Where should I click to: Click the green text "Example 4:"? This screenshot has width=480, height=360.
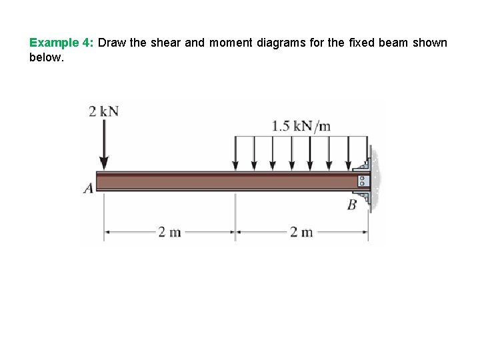pyautogui.click(x=61, y=43)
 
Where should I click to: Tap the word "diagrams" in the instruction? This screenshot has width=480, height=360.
pyautogui.click(x=281, y=43)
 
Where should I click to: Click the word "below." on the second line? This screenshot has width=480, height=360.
pyautogui.click(x=47, y=57)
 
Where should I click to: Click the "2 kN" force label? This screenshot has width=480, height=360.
pyautogui.click(x=104, y=111)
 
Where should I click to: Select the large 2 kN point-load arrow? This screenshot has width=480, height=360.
pyautogui.click(x=104, y=144)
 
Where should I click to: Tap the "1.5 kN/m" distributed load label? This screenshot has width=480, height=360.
pyautogui.click(x=301, y=126)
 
